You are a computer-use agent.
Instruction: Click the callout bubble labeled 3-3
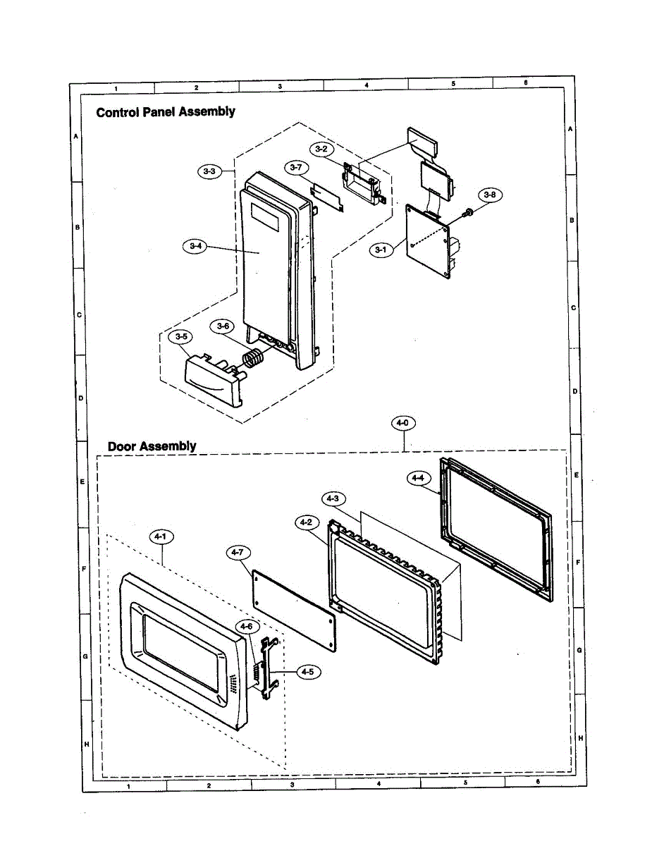[x=209, y=171]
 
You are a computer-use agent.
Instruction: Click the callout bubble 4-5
[x=307, y=673]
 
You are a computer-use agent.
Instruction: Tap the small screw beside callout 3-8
[x=467, y=211]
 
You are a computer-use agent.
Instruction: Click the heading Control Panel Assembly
[x=166, y=111]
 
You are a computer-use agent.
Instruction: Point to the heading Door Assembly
[x=152, y=446]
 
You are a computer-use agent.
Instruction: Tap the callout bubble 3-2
[x=321, y=149]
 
